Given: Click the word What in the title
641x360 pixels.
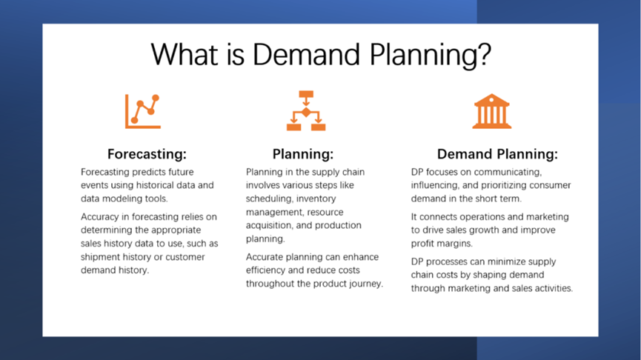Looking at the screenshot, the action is pyautogui.click(x=185, y=54).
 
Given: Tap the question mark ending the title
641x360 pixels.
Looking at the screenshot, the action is pyautogui.click(x=484, y=53).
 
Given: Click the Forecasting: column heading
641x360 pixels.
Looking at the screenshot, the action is pyautogui.click(x=147, y=154).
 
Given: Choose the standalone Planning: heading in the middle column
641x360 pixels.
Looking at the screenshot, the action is pyautogui.click(x=303, y=154).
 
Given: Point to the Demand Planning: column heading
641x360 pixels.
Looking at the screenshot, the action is pyautogui.click(x=497, y=154).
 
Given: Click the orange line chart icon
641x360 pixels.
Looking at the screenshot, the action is pyautogui.click(x=142, y=112).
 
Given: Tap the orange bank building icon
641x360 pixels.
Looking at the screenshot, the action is pyautogui.click(x=492, y=111).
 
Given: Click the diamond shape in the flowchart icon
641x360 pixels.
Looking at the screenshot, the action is pyautogui.click(x=306, y=112).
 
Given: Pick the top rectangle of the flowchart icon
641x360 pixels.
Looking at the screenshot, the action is pyautogui.click(x=306, y=94).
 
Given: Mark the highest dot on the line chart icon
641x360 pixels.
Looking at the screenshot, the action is pyautogui.click(x=156, y=98).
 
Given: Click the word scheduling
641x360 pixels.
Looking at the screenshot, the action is pyautogui.click(x=269, y=199).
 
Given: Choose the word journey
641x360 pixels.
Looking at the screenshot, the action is pyautogui.click(x=366, y=284).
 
